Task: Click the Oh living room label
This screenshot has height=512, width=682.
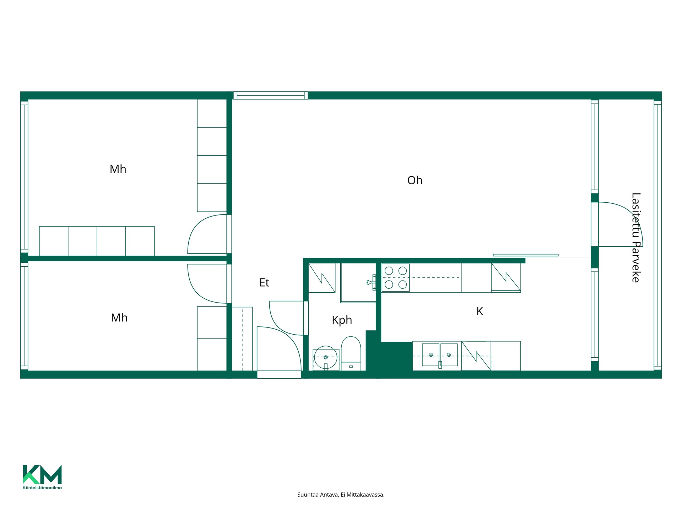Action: pos(415,180)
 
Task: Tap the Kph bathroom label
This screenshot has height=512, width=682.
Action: pos(342,320)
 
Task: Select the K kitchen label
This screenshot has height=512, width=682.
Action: pos(480,311)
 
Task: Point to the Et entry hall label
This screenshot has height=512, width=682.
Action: pos(264,283)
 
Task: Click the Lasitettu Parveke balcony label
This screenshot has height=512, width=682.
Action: pos(636,238)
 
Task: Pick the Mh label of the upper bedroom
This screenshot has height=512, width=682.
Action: pos(118,169)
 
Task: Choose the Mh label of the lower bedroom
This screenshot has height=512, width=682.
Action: pos(119,318)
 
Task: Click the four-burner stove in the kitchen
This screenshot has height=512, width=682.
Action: pos(396,278)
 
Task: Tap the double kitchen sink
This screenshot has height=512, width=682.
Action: pos(440,355)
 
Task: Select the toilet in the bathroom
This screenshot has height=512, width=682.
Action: pos(351,353)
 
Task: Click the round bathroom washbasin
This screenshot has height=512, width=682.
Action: pos(326,358)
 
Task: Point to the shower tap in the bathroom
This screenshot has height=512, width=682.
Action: pos(371,282)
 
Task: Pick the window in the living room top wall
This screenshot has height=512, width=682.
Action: pos(271,95)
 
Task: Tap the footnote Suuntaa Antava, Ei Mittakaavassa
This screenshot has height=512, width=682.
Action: pos(341,495)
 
